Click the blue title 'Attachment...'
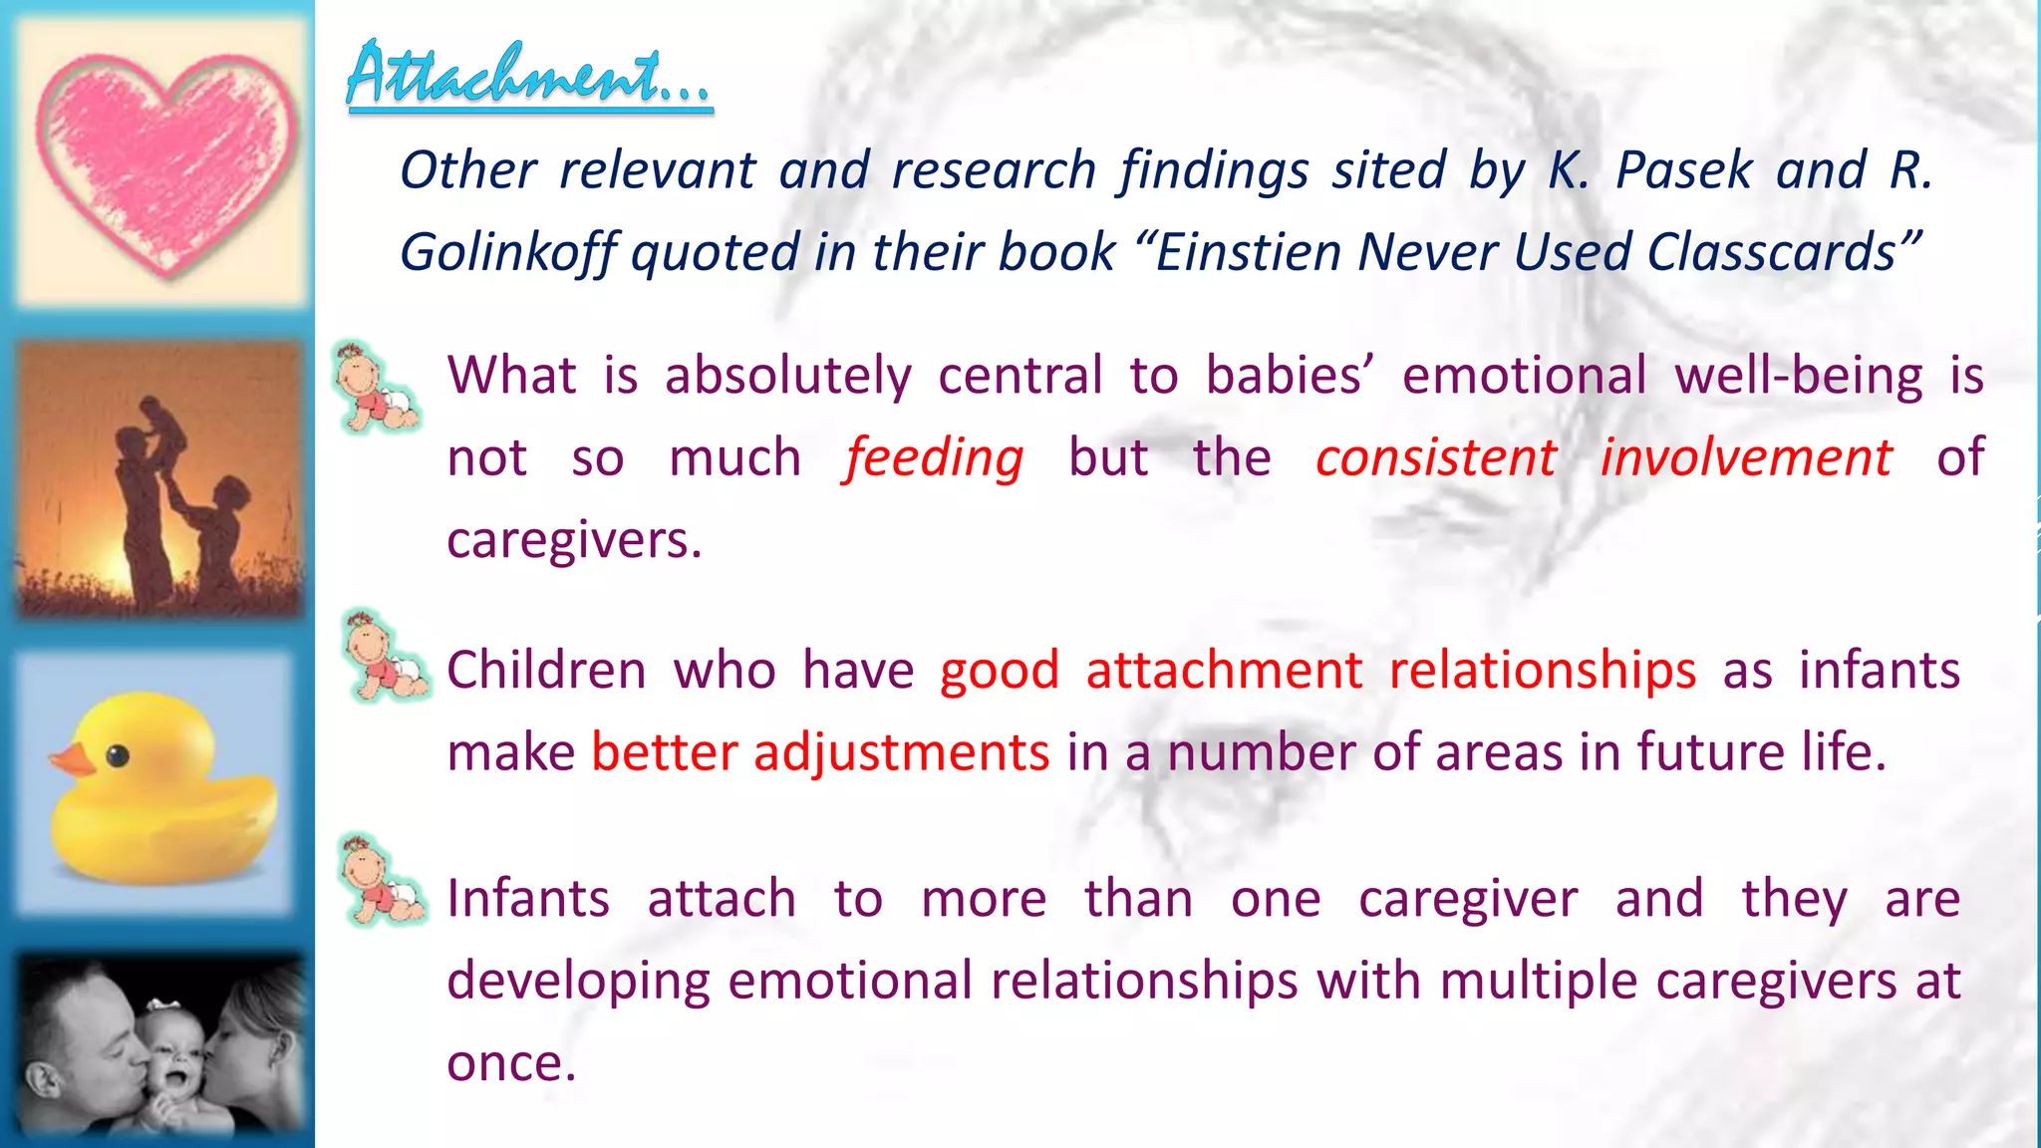(528, 76)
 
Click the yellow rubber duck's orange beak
(72, 761)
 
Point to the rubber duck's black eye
(118, 756)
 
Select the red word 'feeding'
(934, 459)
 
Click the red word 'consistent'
(1435, 458)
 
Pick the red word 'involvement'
(1745, 458)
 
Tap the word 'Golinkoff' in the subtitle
(508, 253)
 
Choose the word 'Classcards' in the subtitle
(1771, 252)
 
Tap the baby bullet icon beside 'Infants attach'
(381, 881)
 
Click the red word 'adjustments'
(901, 752)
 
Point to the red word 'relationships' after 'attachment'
(1542, 671)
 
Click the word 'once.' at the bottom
(511, 1063)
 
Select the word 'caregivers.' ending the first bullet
(574, 541)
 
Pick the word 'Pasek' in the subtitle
(1683, 170)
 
